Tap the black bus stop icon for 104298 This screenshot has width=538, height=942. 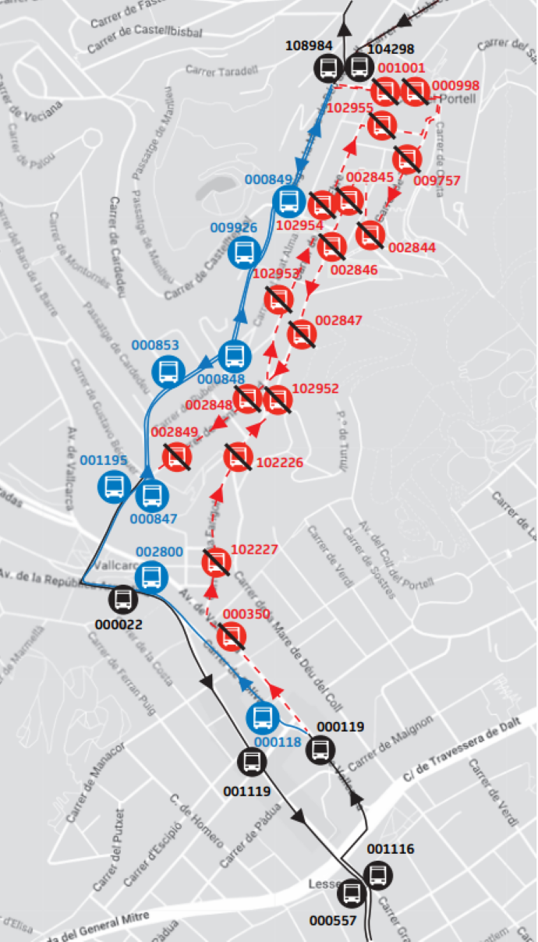coord(359,67)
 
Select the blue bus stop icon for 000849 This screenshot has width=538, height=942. coord(288,201)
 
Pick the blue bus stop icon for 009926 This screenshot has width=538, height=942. coord(243,251)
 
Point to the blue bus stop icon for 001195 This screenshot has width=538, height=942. coord(113,487)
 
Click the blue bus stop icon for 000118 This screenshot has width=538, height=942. coord(262,717)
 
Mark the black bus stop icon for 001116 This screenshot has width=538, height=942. coord(379,874)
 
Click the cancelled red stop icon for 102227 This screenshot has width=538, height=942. coord(216,562)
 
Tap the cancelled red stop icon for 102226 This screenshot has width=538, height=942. coord(238,457)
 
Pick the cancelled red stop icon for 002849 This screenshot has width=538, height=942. coord(177,456)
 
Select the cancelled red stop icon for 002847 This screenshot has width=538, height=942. coord(302,335)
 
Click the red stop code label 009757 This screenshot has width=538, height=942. coord(437,181)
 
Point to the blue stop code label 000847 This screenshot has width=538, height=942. coord(154,519)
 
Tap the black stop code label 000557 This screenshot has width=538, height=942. coord(333,920)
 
